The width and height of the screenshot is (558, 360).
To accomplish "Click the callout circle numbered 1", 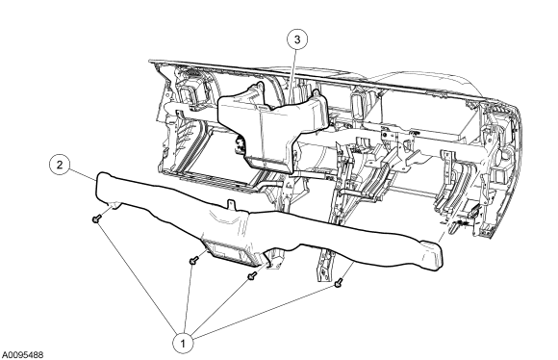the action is click(x=183, y=344).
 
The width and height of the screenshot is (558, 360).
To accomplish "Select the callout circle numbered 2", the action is click(x=60, y=165).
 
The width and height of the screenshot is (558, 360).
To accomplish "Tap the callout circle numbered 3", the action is click(x=297, y=39).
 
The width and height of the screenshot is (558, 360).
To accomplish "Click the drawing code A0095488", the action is click(x=23, y=355).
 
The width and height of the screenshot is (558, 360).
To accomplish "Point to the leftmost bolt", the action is click(x=95, y=219).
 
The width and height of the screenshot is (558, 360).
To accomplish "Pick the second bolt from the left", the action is click(x=193, y=261).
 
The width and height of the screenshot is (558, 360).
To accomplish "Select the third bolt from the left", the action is click(x=252, y=275).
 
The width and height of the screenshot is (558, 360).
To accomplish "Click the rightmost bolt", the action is click(x=339, y=283).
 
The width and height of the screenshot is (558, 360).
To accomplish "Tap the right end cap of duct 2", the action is click(x=432, y=254).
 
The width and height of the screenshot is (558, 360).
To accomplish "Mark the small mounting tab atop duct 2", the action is click(x=231, y=205).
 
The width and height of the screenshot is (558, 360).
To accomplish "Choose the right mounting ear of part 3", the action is click(x=316, y=94).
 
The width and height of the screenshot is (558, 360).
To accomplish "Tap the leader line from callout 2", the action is click(x=83, y=175).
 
